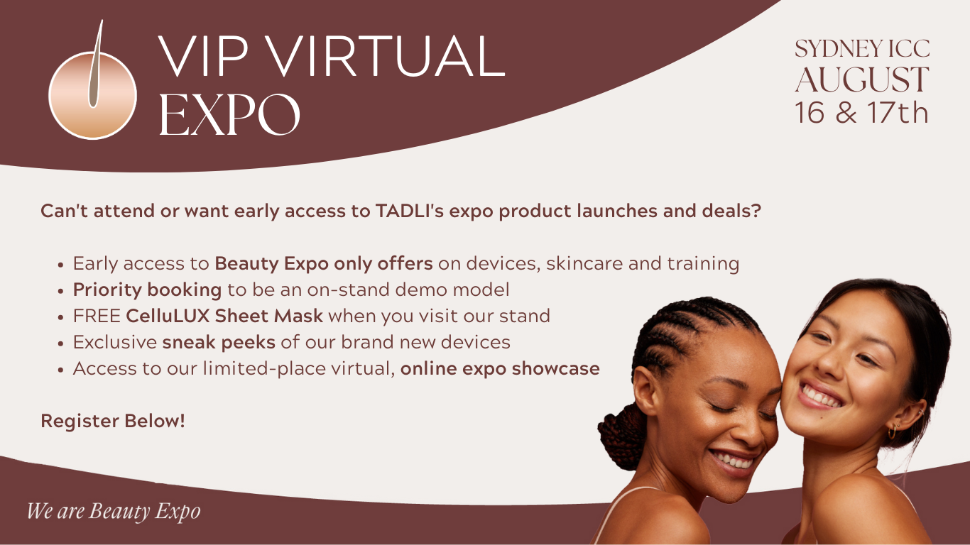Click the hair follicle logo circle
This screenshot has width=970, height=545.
tap(92, 95)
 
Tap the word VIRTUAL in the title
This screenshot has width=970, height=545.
tap(385, 57)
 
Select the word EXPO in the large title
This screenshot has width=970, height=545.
tap(229, 115)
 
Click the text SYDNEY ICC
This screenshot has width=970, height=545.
tap(862, 48)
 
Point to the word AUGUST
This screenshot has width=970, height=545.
tap(862, 79)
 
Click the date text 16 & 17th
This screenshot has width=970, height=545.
tap(861, 113)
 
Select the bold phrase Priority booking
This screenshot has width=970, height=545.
tap(147, 290)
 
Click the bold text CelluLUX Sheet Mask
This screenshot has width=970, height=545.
tap(224, 316)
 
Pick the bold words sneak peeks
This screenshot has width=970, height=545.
tap(219, 343)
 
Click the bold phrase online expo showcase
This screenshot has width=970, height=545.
tap(500, 369)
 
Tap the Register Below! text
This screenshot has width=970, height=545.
tap(113, 421)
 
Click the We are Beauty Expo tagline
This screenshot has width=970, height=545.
tap(114, 511)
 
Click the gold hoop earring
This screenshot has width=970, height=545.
tap(892, 432)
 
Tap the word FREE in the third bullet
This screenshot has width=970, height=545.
tap(97, 316)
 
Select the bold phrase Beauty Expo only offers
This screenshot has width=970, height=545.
tap(324, 263)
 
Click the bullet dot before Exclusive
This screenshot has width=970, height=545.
tap(60, 343)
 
